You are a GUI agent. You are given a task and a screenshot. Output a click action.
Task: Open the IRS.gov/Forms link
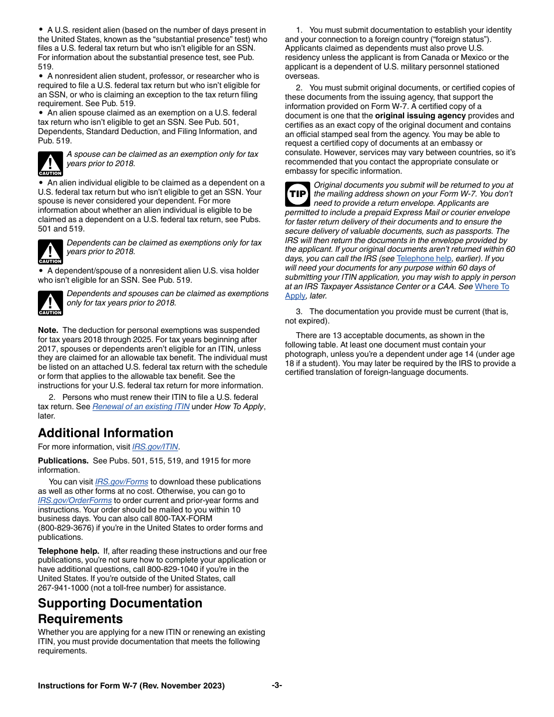121,482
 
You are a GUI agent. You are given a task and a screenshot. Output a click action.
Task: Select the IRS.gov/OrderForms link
75,501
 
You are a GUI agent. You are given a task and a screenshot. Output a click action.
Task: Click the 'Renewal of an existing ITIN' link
141,407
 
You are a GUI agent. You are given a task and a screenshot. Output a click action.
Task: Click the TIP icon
297,194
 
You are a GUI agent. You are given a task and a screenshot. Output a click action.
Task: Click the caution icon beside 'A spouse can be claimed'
50,164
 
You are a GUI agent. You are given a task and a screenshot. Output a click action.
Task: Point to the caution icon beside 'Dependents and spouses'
50,303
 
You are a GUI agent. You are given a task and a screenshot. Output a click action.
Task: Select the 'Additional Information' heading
106,433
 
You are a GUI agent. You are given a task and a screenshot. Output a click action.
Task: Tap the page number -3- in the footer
277,686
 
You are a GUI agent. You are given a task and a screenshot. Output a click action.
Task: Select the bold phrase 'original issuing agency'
420,116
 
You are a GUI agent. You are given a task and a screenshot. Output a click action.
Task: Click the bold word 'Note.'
48,331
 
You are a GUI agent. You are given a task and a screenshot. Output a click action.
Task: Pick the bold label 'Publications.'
63,461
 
